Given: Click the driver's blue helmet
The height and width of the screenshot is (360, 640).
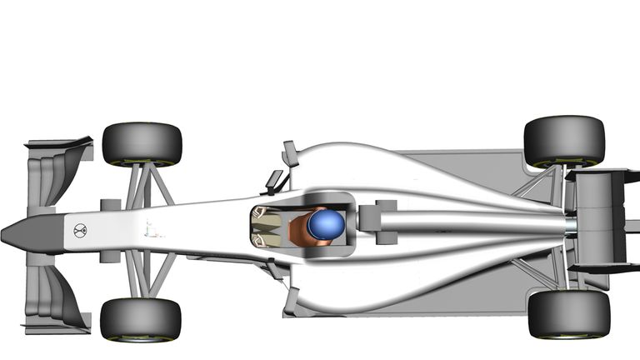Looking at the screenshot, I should (326, 223).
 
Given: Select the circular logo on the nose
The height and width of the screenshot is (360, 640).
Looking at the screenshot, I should (80, 231).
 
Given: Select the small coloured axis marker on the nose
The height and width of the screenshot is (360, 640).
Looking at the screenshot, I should (150, 229).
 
